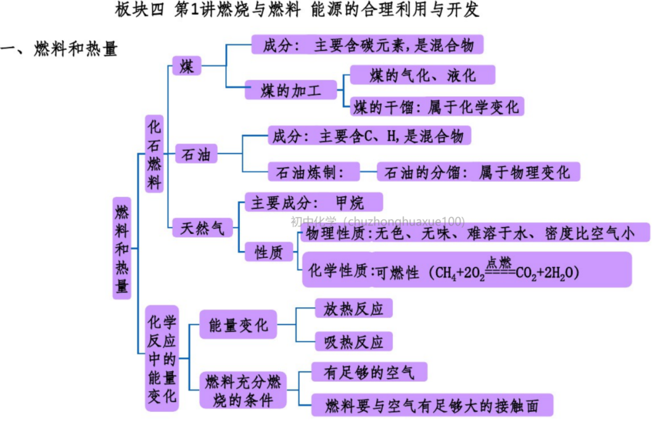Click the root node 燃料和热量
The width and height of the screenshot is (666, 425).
(x=122, y=248)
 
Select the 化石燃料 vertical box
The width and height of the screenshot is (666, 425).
(x=154, y=154)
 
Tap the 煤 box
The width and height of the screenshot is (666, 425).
(x=186, y=66)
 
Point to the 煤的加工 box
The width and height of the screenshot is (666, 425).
(x=291, y=91)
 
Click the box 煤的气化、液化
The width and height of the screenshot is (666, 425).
(x=422, y=75)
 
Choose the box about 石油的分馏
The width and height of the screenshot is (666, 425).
(x=478, y=172)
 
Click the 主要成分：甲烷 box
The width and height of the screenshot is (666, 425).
(x=314, y=202)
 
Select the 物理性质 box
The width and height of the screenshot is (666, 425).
(x=475, y=233)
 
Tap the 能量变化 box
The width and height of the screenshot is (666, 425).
(x=238, y=324)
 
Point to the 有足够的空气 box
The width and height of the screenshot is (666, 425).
(x=369, y=372)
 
